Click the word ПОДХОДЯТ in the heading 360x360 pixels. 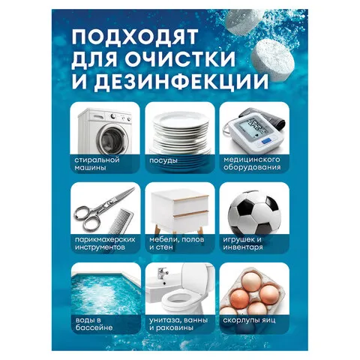tap(135, 36)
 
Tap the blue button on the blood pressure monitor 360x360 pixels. tap(266, 142)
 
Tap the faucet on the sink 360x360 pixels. tap(162, 274)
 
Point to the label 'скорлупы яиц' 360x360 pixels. tap(249, 320)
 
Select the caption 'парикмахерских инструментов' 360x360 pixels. tap(105, 244)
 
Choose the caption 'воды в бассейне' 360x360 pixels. tap(94, 324)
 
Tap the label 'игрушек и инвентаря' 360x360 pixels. tap(243, 244)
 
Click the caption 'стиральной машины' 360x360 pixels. tap(97, 163)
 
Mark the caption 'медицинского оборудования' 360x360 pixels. tap(252, 163)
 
